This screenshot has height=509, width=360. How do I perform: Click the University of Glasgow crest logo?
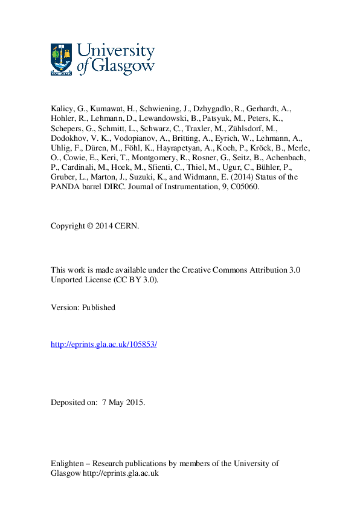(61, 59)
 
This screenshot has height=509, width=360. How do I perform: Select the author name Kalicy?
(63, 109)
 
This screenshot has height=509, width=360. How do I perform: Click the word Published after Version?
(100, 307)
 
